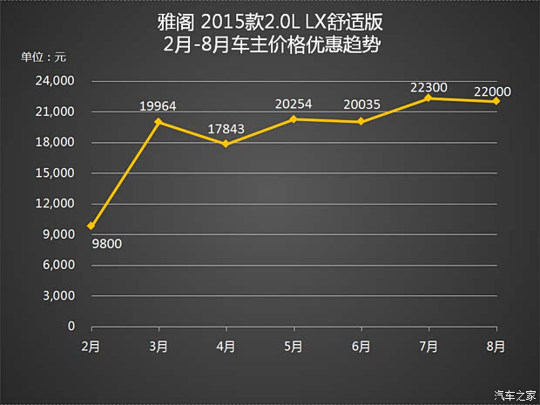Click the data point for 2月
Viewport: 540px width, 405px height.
coord(91,226)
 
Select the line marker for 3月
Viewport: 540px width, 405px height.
coord(158,122)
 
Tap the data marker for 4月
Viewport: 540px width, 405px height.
coord(226,144)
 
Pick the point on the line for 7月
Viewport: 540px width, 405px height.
coord(429,98)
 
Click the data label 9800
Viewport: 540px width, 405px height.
coord(106,244)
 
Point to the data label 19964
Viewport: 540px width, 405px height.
coord(159,106)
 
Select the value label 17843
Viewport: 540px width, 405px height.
coord(226,129)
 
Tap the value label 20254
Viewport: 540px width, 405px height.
coord(294,104)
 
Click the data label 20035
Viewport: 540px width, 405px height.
coord(361,106)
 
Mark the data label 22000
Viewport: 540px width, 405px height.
coord(492,91)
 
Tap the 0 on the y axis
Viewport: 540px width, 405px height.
coord(71,327)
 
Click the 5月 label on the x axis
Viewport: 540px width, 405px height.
coord(294,346)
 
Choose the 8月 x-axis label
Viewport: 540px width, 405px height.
coord(496,346)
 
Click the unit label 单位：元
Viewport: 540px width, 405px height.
coord(44,57)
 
